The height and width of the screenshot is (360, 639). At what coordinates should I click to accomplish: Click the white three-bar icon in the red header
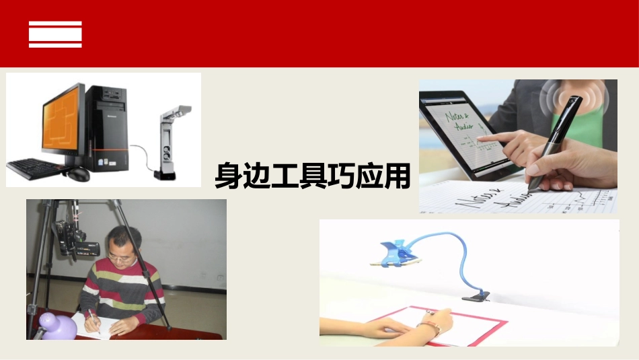point(55,34)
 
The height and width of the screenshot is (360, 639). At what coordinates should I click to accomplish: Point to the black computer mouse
point(77,174)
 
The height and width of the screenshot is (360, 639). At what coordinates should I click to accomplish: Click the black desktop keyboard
point(36,167)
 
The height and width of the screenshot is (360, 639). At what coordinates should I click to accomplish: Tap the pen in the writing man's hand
point(93,321)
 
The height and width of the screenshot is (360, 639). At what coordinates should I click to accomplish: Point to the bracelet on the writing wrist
point(428,328)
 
